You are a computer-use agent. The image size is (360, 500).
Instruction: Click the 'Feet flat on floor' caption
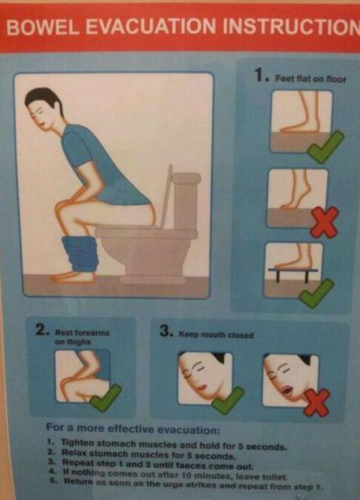pos(310,79)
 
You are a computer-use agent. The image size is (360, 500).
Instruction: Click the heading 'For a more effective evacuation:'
pos(133,430)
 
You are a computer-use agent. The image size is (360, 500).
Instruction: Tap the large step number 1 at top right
pos(260,76)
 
